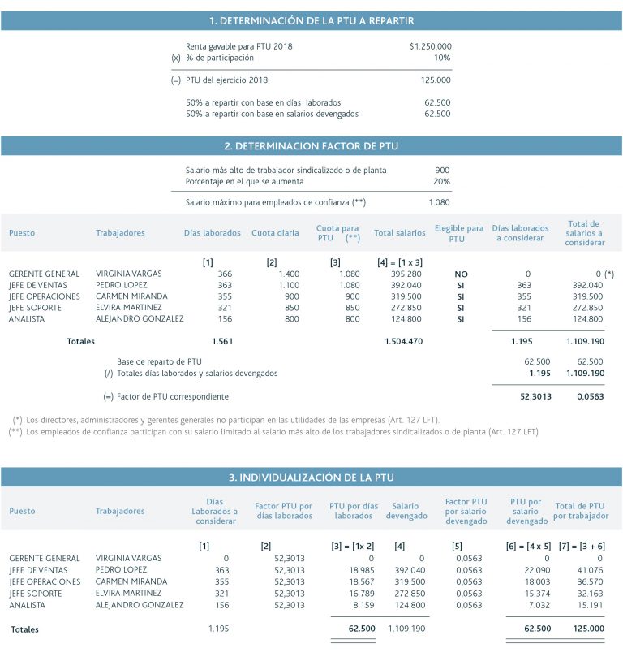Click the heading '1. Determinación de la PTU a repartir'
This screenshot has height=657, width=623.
pyautogui.click(x=311, y=21)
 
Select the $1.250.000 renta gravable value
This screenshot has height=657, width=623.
pyautogui.click(x=430, y=47)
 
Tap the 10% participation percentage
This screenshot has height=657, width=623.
pyautogui.click(x=442, y=58)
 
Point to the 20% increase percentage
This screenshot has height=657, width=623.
pyautogui.click(x=441, y=181)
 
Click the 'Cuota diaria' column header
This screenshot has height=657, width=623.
pyautogui.click(x=274, y=233)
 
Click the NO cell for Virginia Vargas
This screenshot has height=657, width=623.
pyautogui.click(x=461, y=274)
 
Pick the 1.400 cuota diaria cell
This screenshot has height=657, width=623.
pyautogui.click(x=287, y=274)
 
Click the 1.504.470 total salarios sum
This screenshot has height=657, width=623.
pyautogui.click(x=403, y=342)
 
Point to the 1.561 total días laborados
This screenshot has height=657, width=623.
pyautogui.click(x=222, y=342)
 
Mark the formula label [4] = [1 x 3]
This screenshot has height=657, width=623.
pyautogui.click(x=399, y=262)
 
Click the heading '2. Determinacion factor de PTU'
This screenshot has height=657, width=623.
pyautogui.click(x=311, y=146)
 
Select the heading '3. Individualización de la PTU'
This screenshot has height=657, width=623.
pyautogui.click(x=311, y=478)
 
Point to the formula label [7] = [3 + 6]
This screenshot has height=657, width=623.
pyautogui.click(x=580, y=547)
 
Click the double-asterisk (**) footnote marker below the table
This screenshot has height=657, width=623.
pyautogui.click(x=15, y=432)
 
